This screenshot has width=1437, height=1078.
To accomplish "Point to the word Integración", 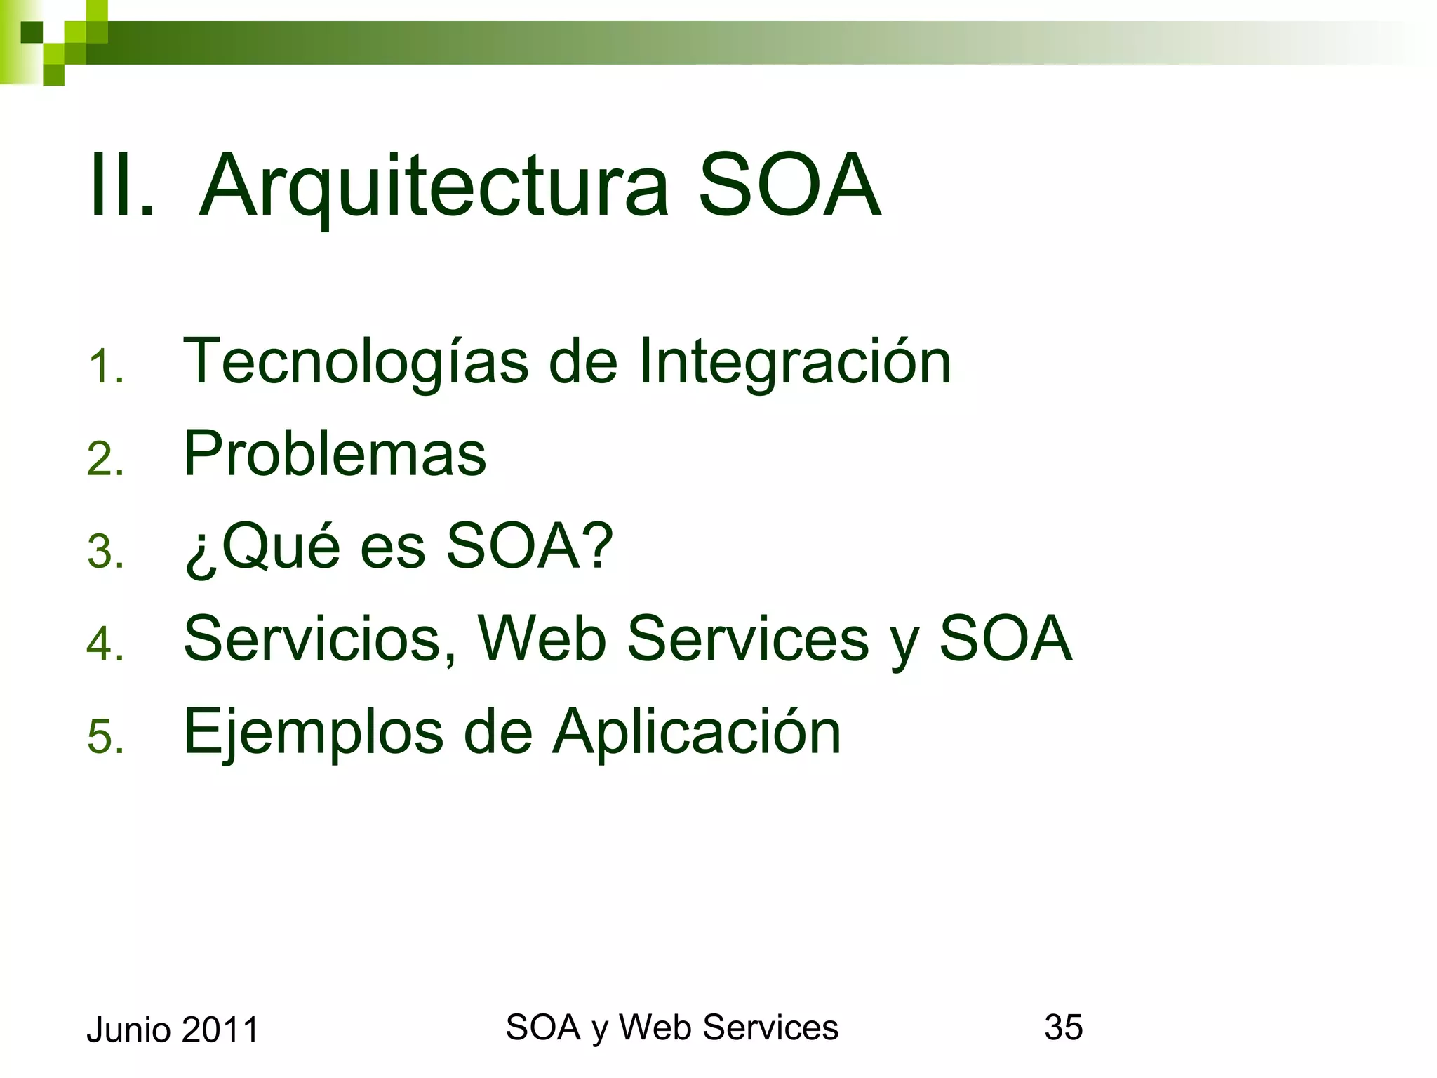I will click(x=794, y=362).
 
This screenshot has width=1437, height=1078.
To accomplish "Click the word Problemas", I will click(x=335, y=453).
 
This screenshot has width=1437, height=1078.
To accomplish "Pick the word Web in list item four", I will click(x=542, y=639).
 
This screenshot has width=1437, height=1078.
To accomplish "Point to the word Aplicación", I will click(x=696, y=733).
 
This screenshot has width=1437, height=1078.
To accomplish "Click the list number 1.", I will click(x=105, y=368).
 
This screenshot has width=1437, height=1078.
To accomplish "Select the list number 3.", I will click(x=105, y=552).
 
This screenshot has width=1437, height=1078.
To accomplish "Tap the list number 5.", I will click(x=105, y=737).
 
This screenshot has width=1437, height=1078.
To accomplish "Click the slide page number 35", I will click(x=1063, y=1027).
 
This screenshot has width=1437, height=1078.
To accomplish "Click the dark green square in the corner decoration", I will click(x=32, y=32).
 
